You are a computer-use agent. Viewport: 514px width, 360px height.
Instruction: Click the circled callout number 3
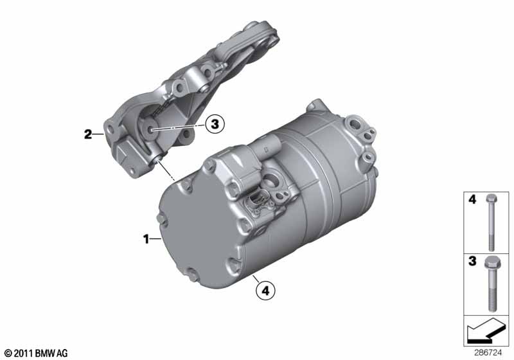(215, 125)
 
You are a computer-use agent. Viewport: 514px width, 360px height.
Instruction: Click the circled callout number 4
(265, 290)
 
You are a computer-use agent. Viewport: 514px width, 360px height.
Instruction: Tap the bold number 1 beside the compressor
(146, 239)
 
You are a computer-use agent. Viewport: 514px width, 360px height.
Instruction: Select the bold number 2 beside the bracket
(88, 134)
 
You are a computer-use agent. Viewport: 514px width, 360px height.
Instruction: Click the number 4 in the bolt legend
(472, 199)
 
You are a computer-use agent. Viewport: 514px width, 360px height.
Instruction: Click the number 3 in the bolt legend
(472, 261)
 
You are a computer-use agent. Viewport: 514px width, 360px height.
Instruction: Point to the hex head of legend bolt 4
(491, 198)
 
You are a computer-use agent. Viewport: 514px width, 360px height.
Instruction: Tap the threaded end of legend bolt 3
(492, 300)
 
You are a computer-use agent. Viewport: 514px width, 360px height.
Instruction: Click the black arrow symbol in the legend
(486, 330)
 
